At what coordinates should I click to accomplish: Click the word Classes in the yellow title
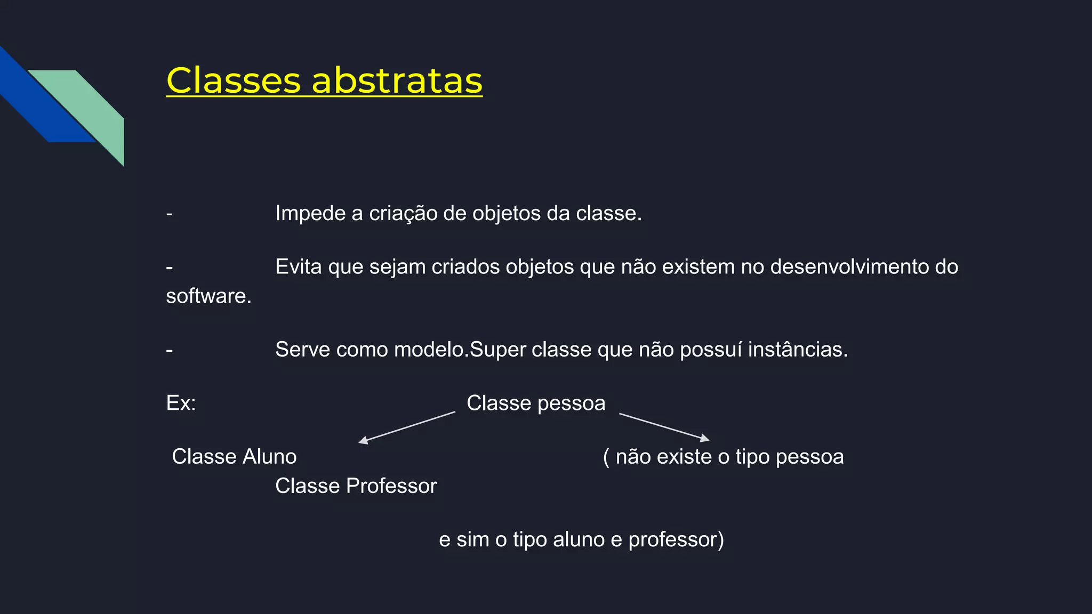234,81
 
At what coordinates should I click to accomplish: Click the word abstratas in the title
397,81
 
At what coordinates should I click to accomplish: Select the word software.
208,296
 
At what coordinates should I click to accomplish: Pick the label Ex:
181,403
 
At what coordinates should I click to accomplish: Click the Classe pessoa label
536,403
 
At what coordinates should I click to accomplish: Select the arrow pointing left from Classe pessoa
407,427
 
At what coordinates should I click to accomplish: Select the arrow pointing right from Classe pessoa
664,426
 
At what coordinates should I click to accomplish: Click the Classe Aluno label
234,457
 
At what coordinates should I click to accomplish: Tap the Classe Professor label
356,486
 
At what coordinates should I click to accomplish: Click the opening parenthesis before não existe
606,457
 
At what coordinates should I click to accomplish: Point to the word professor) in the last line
676,540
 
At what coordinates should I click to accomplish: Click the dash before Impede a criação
169,214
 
